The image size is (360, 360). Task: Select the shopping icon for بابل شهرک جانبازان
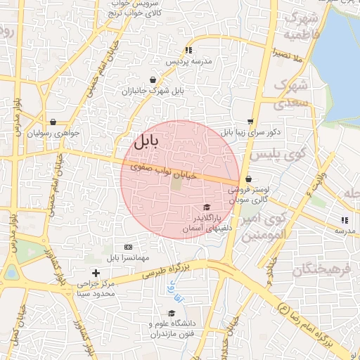pyautogui.click(x=153, y=80)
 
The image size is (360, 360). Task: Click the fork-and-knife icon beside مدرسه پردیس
pyautogui.click(x=188, y=50)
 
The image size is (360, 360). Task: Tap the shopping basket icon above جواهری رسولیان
pyautogui.click(x=53, y=122)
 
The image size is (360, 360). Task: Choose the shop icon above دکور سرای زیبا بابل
pyautogui.click(x=251, y=121)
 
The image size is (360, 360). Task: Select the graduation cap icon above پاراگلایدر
pyautogui.click(x=206, y=207)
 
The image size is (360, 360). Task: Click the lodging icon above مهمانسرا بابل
pyautogui.click(x=128, y=247)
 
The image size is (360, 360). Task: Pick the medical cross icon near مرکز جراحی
pyautogui.click(x=96, y=273)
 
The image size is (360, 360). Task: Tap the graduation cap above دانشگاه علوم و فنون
pyautogui.click(x=172, y=314)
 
